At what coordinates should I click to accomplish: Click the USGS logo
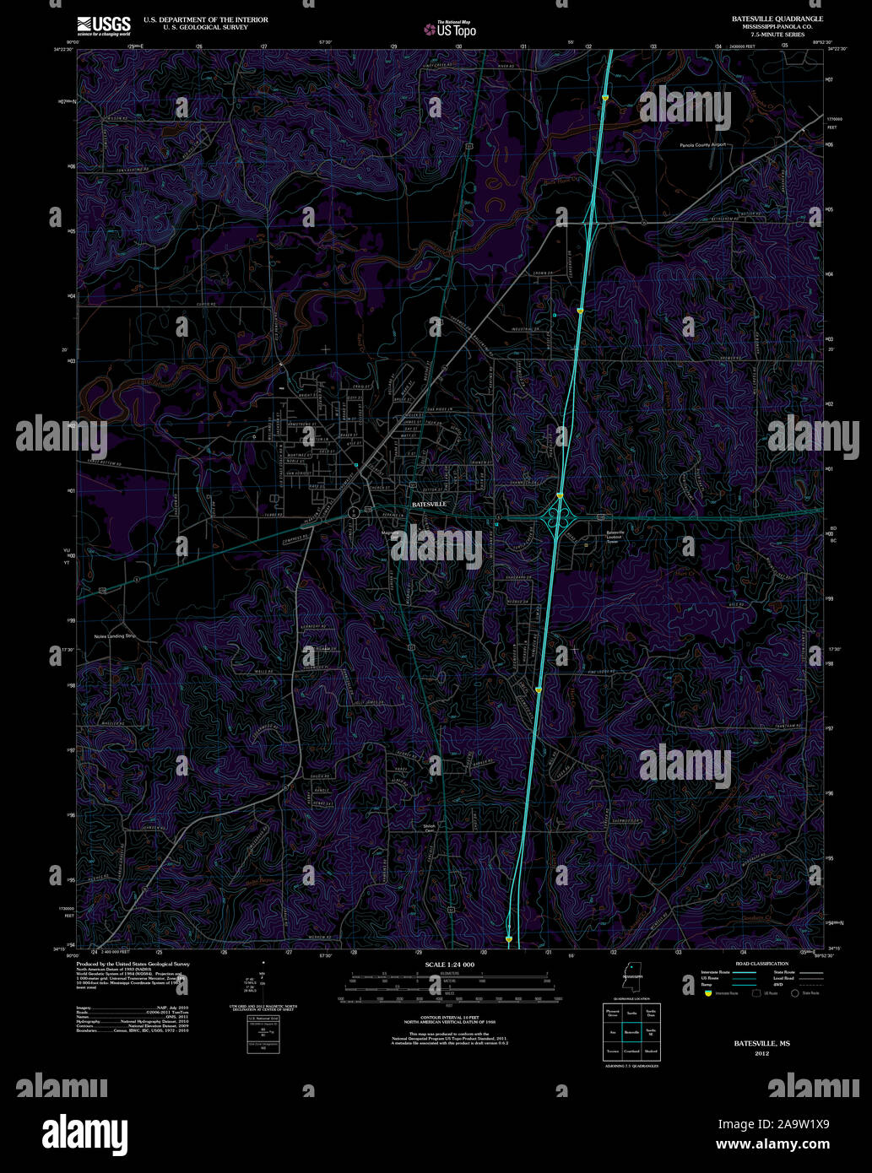pos(104,24)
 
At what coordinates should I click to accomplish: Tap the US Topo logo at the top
pos(451,30)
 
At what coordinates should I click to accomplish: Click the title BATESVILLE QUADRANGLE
pos(766,18)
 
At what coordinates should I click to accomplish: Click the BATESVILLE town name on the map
pos(428,504)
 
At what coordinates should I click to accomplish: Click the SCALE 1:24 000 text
pos(450,965)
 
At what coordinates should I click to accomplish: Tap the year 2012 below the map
pos(761,1053)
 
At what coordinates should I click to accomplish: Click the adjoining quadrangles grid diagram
pos(631,1032)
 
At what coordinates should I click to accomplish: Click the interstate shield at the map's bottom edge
pos(509,938)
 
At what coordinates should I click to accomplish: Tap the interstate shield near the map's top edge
pos(605,98)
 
